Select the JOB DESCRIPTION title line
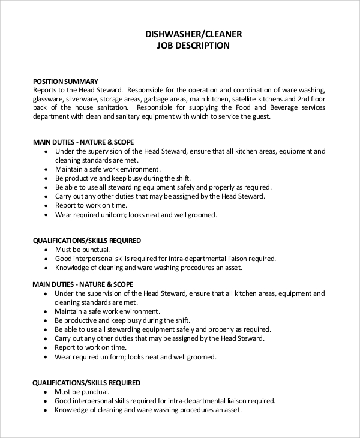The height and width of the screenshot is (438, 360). (x=194, y=46)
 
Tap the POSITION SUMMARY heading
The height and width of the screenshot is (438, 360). (x=65, y=81)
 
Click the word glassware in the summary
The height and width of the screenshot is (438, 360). (x=49, y=98)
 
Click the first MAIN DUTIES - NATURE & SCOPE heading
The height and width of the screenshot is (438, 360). (x=83, y=142)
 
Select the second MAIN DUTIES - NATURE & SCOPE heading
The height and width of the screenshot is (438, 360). (x=83, y=284)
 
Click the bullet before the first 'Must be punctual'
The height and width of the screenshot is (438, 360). (x=46, y=250)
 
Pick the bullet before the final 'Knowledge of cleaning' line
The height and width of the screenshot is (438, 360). (x=46, y=411)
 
